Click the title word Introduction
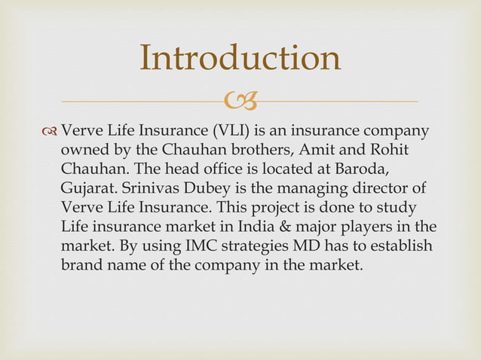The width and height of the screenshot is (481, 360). (240, 59)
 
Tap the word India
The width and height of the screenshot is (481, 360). (279, 226)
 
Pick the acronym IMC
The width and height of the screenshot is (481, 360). (180, 246)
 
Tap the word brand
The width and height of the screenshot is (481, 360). (80, 265)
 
